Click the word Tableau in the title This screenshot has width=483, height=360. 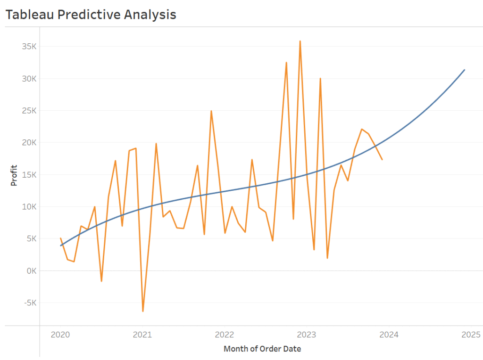[29, 15]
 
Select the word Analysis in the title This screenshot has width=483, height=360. [150, 15]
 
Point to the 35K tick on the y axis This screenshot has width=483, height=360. [28, 47]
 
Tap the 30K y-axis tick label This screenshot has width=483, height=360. [28, 79]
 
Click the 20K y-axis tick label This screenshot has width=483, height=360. [28, 143]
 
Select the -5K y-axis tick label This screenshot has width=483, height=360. [29, 303]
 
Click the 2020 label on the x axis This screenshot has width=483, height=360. [60, 335]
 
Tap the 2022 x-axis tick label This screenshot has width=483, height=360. [224, 335]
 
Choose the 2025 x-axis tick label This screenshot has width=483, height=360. [471, 335]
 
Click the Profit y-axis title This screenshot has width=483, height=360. [14, 175]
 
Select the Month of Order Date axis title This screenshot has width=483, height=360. [262, 349]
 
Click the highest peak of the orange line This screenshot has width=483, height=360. [300, 41]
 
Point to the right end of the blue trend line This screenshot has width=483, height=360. [465, 70]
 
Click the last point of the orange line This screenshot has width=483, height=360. [382, 160]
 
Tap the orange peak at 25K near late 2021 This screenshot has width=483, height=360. [211, 111]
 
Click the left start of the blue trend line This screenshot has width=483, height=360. [60, 245]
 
